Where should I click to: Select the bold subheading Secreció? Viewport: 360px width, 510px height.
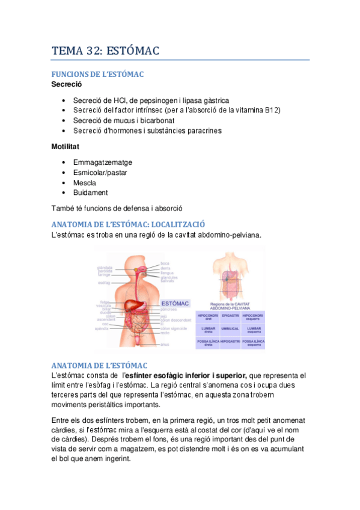(66, 84)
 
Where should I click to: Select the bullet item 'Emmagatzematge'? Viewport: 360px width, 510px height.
(103, 162)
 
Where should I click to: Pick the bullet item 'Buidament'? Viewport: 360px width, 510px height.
(90, 192)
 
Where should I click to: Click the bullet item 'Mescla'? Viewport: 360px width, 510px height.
(84, 183)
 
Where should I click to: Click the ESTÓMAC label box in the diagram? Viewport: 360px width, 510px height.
(175, 304)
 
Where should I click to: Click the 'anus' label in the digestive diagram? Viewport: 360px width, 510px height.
(165, 345)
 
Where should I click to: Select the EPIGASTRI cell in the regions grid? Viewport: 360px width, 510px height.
(230, 315)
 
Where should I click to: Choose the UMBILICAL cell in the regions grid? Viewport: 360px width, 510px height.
(230, 329)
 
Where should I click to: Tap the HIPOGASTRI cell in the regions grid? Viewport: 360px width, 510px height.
(230, 343)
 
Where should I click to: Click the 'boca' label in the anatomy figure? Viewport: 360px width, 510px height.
(165, 263)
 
